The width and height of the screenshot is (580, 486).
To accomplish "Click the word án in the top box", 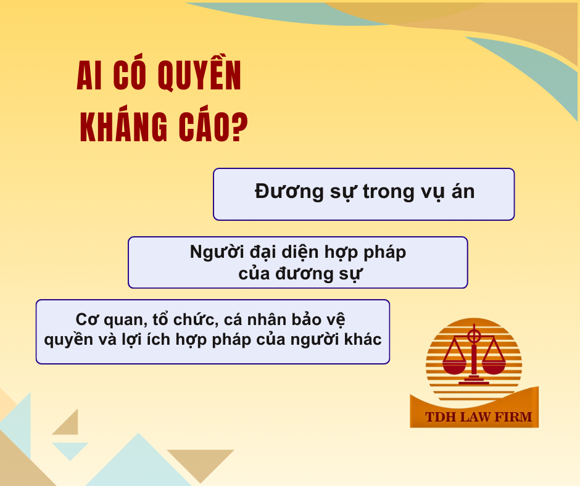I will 462,192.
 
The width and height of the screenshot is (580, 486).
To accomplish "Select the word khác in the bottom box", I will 363,339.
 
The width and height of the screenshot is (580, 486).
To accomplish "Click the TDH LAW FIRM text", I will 478,417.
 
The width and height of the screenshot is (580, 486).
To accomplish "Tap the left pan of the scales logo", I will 454,368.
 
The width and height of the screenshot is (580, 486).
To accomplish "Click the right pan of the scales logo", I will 493,368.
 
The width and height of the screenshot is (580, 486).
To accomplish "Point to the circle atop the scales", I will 474,337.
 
